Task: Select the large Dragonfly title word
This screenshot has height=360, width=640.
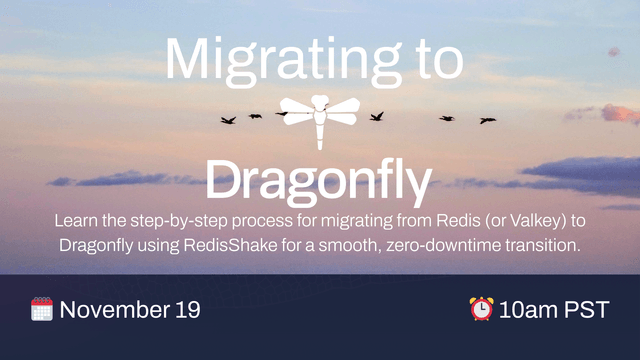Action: [x=319, y=180]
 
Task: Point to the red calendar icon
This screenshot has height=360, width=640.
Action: [x=41, y=309]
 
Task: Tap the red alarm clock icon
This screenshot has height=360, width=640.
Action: [x=481, y=309]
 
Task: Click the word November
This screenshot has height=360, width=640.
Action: [x=115, y=310]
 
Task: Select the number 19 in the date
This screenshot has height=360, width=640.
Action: [x=187, y=310]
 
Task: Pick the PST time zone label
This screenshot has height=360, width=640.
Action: [x=587, y=310]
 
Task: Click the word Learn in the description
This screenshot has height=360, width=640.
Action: [x=76, y=218]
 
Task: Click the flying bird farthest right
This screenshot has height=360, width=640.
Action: [x=487, y=120]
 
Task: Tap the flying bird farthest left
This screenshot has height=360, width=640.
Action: [x=228, y=120]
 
